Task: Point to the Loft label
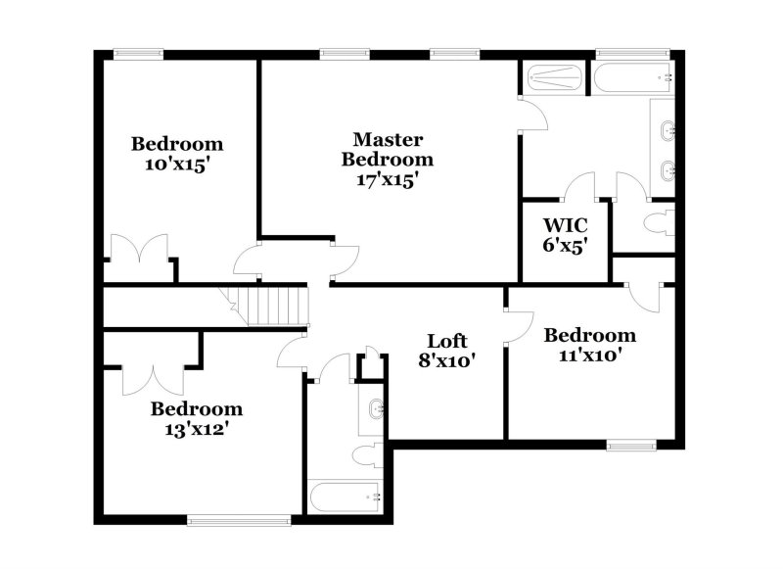coord(447,341)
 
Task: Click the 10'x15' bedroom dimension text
coord(177,165)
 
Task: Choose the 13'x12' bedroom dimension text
coord(196,428)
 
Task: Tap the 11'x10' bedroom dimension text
coord(589,356)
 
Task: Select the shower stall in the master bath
coord(554,76)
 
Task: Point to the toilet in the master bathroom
coord(660,221)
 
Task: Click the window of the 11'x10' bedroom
coord(630,446)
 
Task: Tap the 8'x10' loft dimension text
coord(447,361)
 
